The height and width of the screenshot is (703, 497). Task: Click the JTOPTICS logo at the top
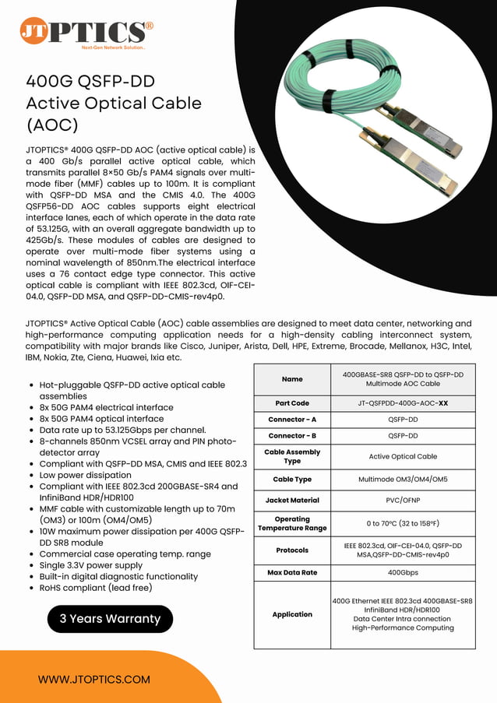point(86,32)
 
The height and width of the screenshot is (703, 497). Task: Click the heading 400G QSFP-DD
point(90,82)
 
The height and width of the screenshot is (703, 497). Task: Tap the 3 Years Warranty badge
point(110,619)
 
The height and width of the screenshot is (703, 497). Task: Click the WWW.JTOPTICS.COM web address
point(94,679)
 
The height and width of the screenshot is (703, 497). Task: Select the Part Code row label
point(292,403)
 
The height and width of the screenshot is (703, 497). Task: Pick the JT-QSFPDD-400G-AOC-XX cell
point(403,403)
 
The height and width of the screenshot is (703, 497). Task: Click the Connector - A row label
point(292,420)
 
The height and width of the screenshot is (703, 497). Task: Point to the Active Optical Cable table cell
point(403,456)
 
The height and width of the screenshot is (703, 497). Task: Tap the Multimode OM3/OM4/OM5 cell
point(403,479)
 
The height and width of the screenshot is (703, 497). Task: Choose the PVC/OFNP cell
point(403,500)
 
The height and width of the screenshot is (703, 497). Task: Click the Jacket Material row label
point(292,500)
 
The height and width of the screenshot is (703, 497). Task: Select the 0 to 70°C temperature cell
point(403,523)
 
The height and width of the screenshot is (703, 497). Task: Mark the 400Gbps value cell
point(403,572)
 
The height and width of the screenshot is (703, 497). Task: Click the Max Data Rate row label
point(292,572)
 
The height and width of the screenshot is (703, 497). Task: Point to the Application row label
point(292,614)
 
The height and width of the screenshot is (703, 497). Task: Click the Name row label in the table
point(292,379)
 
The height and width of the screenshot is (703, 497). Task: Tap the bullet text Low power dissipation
point(85,474)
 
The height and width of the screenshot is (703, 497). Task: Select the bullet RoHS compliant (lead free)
point(95,587)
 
